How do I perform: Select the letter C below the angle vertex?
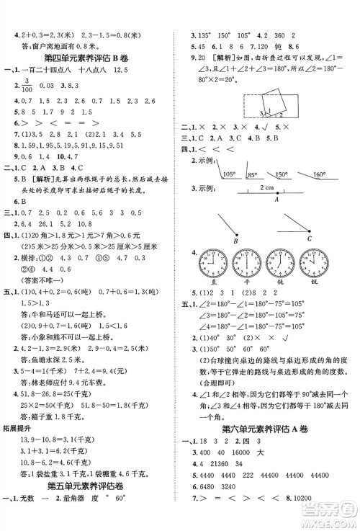(309, 238)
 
